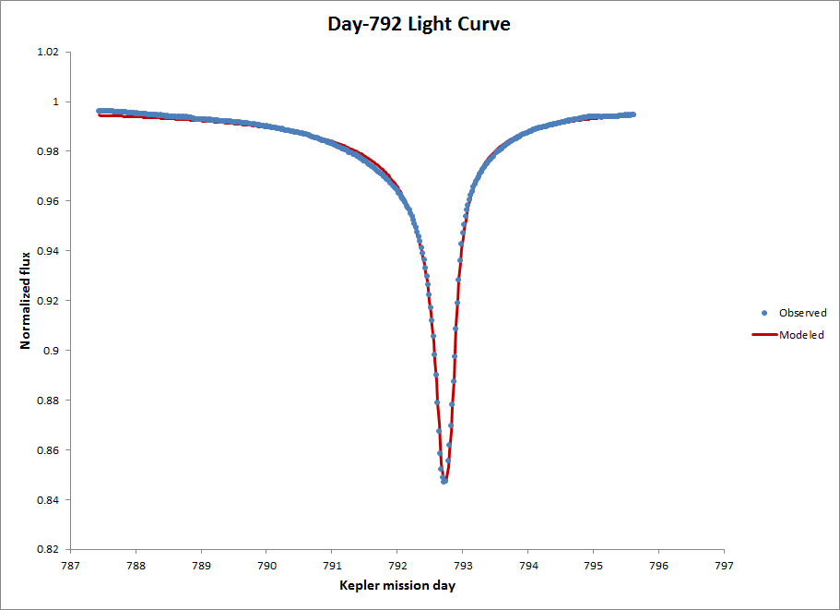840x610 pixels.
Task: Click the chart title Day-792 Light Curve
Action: (x=419, y=24)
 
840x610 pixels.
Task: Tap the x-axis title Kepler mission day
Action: (x=396, y=585)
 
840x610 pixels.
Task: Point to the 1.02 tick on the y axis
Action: (x=48, y=52)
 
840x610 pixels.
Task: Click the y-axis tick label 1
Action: (x=56, y=102)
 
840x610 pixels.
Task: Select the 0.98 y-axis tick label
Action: (x=48, y=151)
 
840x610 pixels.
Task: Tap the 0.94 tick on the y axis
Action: (x=48, y=251)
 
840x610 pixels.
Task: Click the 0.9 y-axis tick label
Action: (x=51, y=351)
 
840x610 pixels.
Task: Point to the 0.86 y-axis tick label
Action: (x=48, y=450)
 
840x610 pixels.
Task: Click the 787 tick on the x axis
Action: (x=71, y=565)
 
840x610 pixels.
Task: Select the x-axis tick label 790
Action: (x=266, y=565)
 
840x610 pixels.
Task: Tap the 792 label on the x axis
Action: (x=397, y=565)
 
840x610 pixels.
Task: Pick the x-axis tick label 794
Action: (x=528, y=565)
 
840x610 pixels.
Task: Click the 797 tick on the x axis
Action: (x=724, y=565)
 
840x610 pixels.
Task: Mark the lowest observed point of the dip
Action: (x=444, y=481)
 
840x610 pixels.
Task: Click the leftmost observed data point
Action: (x=99, y=111)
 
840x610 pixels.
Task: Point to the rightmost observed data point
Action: (x=633, y=114)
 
